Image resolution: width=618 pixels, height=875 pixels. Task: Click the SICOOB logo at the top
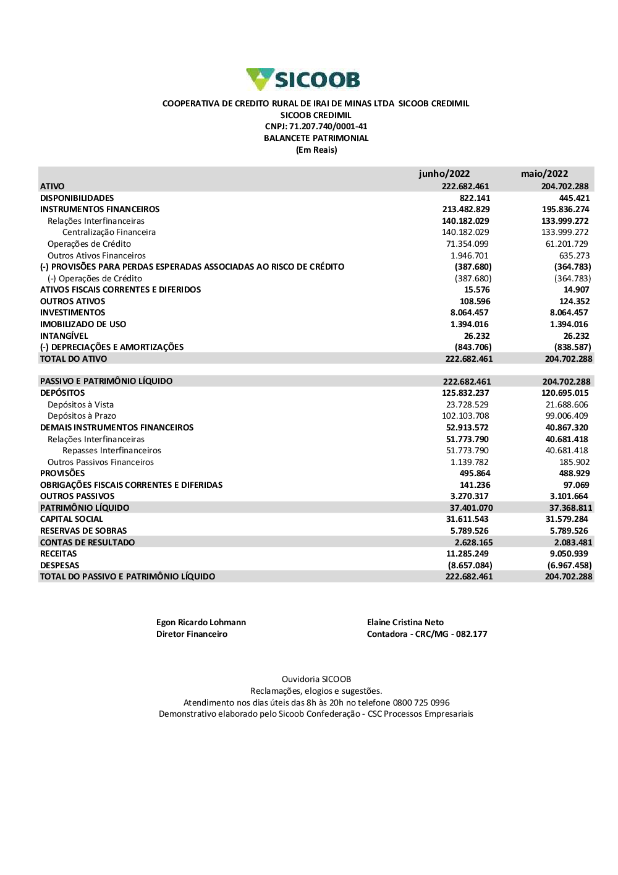(x=303, y=79)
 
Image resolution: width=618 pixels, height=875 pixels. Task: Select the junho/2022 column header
(x=444, y=174)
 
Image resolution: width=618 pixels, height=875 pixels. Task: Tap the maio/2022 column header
(x=544, y=174)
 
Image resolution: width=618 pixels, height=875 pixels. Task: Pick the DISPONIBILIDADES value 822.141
(x=475, y=198)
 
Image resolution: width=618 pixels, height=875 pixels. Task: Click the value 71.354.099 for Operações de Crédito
(x=467, y=244)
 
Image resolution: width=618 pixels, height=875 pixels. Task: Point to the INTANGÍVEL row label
(x=64, y=336)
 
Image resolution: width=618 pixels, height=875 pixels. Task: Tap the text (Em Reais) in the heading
(x=316, y=150)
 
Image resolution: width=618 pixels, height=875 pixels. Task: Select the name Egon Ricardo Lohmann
(x=201, y=622)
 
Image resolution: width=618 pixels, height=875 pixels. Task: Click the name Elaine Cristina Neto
(x=405, y=622)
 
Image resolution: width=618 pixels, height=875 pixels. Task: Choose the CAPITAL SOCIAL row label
(x=72, y=519)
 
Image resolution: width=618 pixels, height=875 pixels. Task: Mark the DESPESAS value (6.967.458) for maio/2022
(x=569, y=565)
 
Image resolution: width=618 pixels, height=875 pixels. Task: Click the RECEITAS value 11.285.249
(x=467, y=553)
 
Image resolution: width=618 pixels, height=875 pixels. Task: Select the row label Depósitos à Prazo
(x=82, y=416)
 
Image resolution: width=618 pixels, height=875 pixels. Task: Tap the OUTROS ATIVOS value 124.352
(x=574, y=301)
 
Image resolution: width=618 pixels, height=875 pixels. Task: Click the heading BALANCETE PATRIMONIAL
(x=316, y=138)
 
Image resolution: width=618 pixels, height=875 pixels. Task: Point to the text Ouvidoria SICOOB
(x=316, y=679)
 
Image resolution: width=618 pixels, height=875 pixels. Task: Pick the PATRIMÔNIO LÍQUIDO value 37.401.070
(x=471, y=508)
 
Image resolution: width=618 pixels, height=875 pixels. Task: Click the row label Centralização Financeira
(x=109, y=232)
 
